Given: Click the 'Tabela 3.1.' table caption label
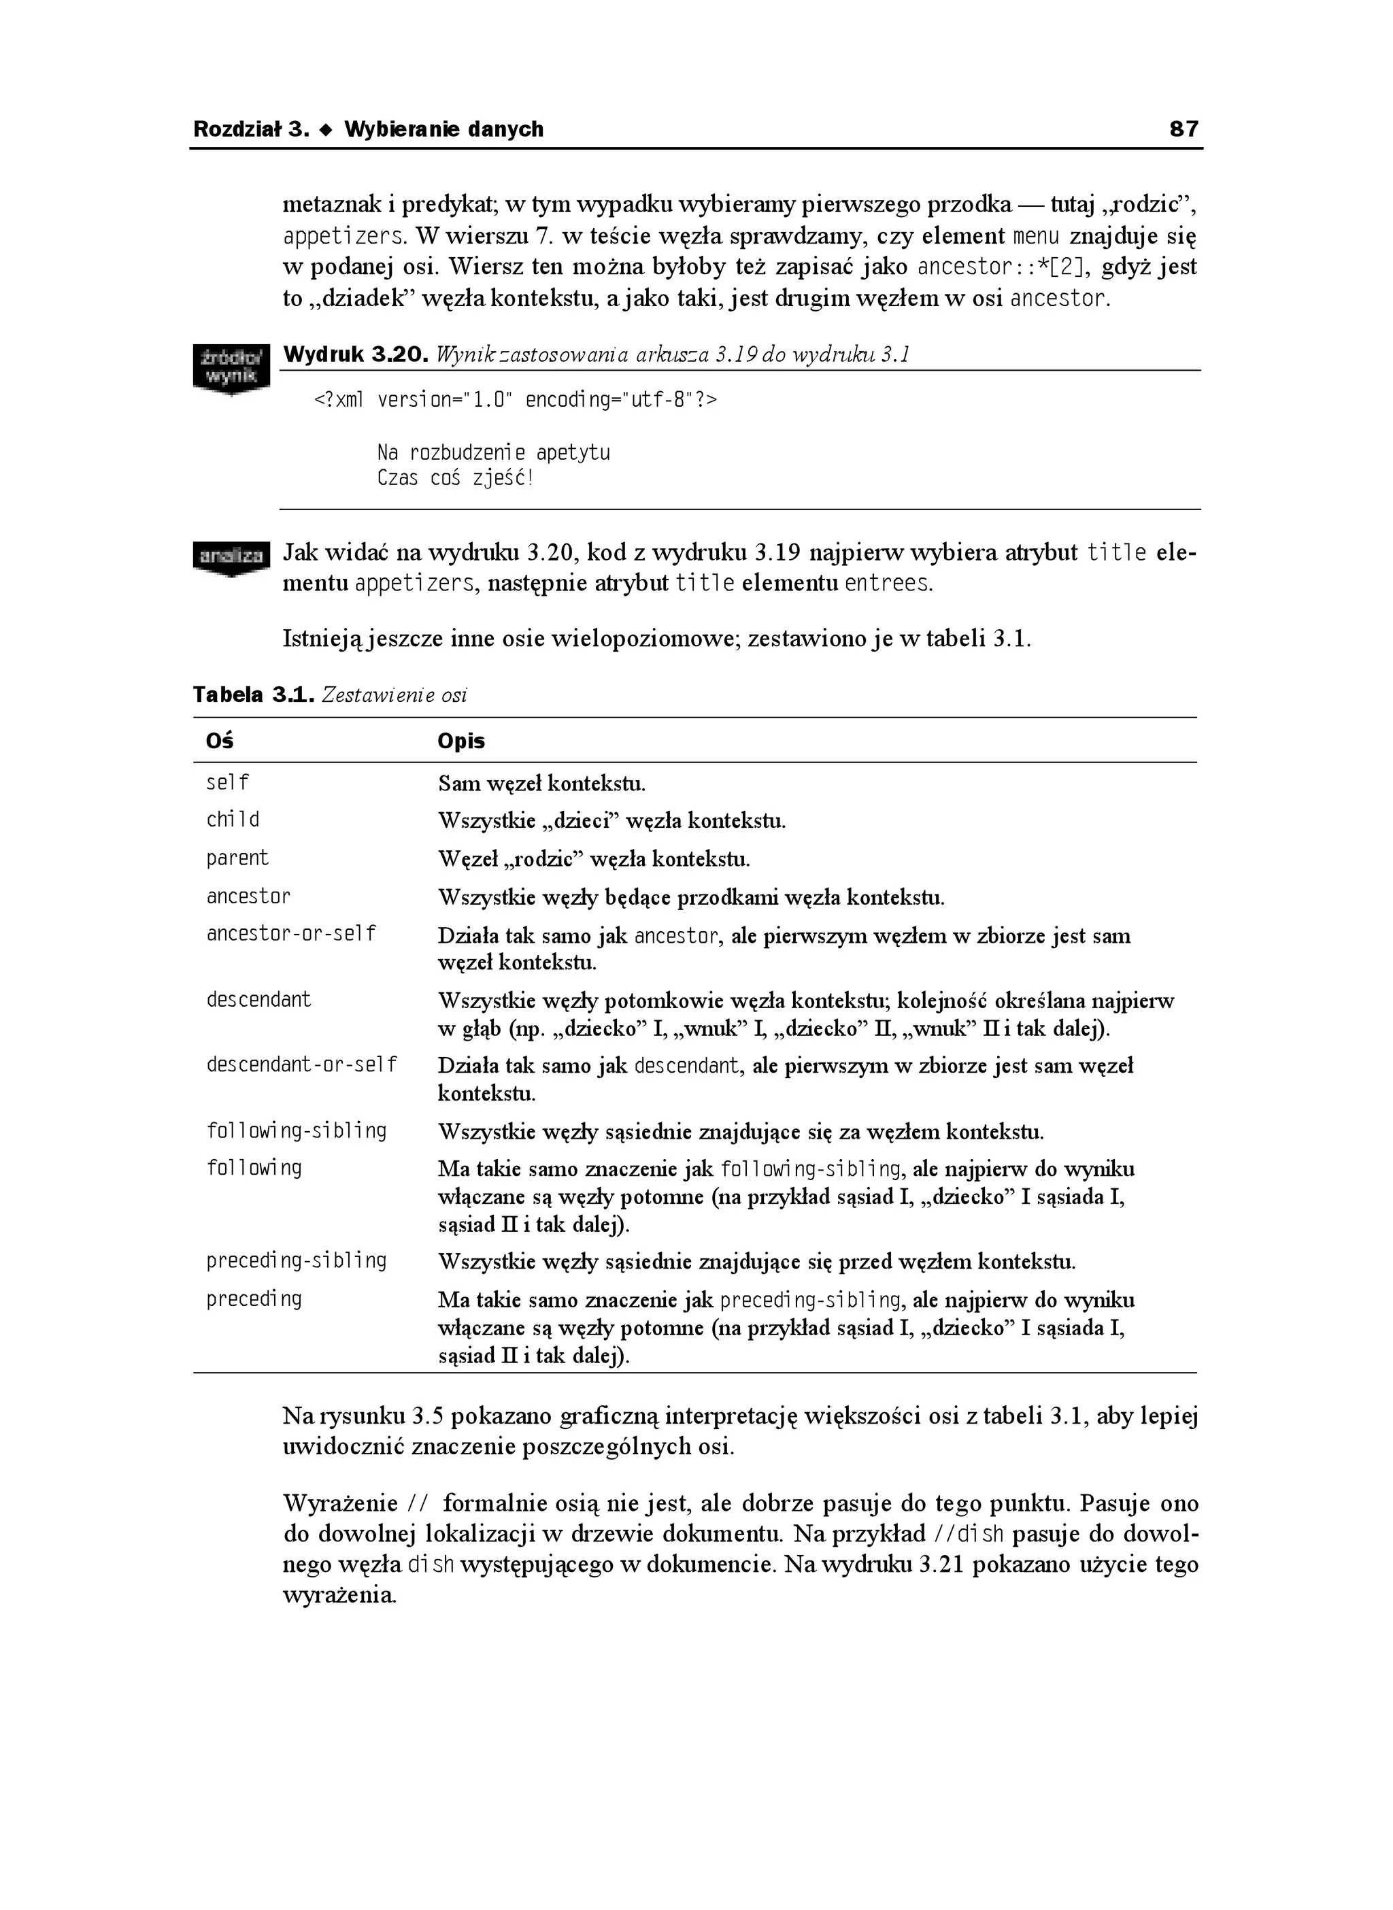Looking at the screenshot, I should [254, 695].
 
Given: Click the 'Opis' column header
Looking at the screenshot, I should [461, 740].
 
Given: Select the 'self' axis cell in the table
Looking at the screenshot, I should [228, 782].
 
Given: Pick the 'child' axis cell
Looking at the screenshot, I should [233, 820].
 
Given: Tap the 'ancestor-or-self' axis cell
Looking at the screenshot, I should [291, 933].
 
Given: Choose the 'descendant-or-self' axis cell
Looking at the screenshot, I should [302, 1065].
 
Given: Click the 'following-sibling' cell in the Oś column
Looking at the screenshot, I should [296, 1130].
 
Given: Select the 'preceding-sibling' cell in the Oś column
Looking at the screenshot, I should [296, 1260].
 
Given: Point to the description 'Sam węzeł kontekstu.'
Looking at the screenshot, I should [541, 784].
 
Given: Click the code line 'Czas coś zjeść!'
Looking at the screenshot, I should [455, 478].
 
